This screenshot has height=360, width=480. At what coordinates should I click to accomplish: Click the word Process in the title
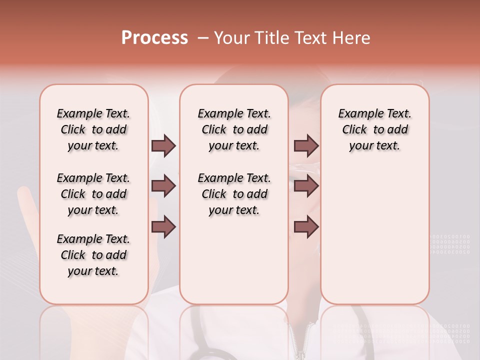[154, 38]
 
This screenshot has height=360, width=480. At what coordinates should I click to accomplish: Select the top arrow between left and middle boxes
[163, 145]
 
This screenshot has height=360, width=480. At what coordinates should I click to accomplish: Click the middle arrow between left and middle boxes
[163, 186]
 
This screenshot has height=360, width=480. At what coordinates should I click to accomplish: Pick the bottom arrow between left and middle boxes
[163, 227]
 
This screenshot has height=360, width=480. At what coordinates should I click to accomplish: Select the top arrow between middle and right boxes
[306, 145]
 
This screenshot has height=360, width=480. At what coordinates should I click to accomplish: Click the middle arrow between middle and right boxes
[306, 186]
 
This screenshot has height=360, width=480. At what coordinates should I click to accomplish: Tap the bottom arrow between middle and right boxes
[306, 227]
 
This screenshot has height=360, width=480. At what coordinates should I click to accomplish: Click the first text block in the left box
[93, 129]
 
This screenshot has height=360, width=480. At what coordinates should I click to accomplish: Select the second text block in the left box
[93, 194]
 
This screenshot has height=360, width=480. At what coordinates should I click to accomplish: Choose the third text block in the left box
[93, 255]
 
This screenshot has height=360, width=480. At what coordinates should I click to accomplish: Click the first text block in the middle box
[234, 129]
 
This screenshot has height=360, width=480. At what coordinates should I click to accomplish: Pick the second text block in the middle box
[234, 194]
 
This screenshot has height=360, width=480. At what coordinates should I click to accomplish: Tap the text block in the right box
[374, 129]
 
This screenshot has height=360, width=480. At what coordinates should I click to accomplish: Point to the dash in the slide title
[202, 38]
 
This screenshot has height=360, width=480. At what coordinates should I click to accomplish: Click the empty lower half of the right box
[374, 240]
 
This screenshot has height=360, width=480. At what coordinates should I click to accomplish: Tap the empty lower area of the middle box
[234, 260]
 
